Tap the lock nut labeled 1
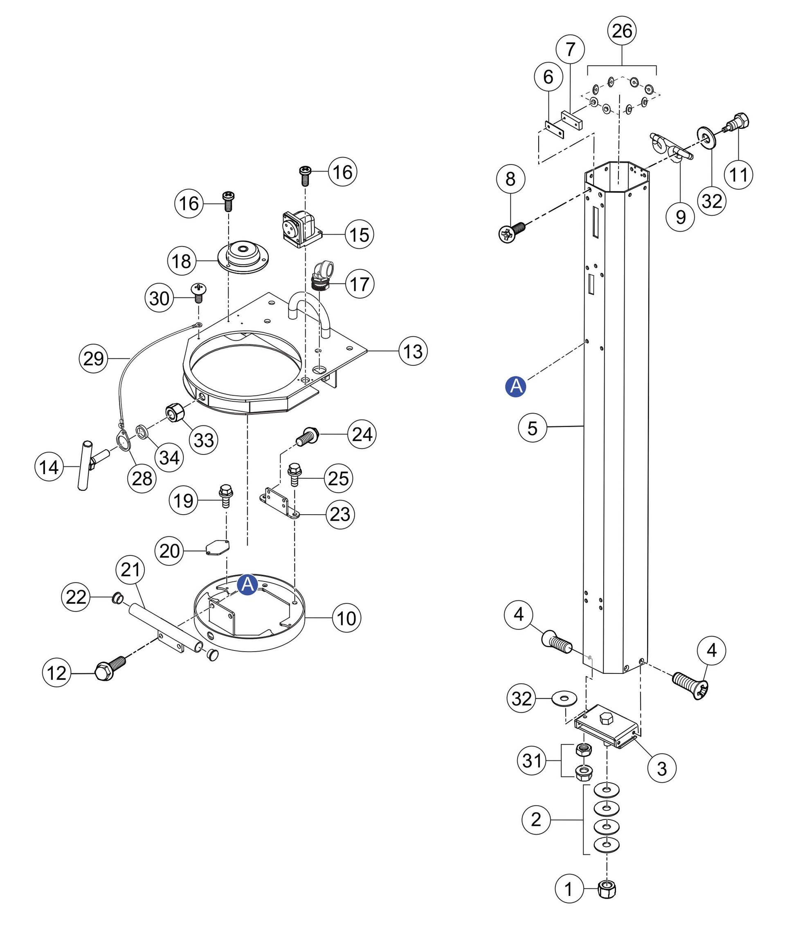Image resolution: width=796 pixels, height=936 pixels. (607, 889)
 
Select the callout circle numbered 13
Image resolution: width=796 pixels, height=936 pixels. (413, 351)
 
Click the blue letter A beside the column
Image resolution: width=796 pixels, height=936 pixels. (516, 386)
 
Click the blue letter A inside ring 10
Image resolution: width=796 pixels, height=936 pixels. (248, 585)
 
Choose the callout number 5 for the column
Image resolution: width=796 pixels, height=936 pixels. (533, 427)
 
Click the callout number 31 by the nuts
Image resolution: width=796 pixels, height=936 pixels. (532, 760)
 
